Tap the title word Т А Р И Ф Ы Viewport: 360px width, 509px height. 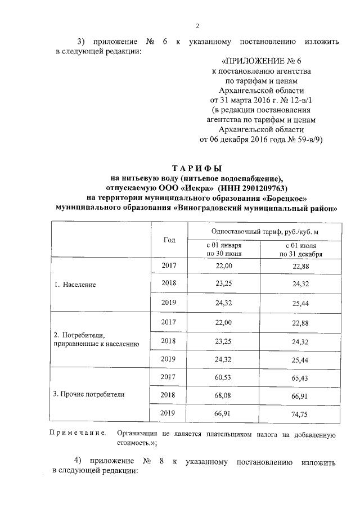pyautogui.click(x=197, y=169)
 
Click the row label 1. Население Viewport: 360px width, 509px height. pyautogui.click(x=75, y=285)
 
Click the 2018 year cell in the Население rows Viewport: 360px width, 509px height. pyautogui.click(x=169, y=285)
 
